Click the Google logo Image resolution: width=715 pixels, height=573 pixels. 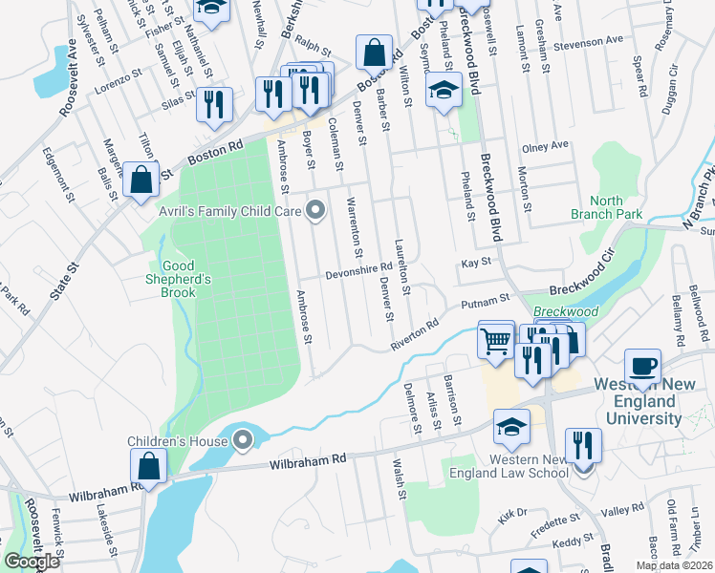(x=31, y=562)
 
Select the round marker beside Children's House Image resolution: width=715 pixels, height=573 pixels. (x=244, y=441)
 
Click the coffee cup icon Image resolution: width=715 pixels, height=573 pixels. (x=642, y=367)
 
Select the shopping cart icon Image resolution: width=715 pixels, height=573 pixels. (x=496, y=339)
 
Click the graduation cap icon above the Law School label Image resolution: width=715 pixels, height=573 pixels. (x=512, y=427)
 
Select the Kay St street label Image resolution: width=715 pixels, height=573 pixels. (x=475, y=261)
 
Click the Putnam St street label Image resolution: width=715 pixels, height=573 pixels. (x=481, y=303)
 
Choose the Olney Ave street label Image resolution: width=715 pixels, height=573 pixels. (x=544, y=146)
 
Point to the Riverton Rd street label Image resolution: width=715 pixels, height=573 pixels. (x=413, y=334)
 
